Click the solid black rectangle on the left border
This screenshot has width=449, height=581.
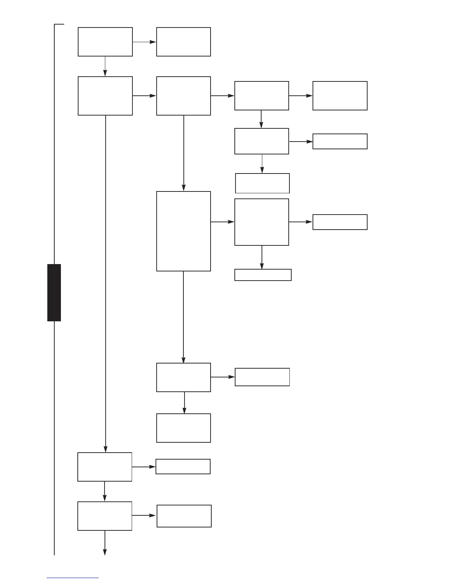click(x=54, y=292)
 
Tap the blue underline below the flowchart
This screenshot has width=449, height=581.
click(x=73, y=578)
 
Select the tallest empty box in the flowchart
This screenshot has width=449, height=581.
click(x=183, y=231)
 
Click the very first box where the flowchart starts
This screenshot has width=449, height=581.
click(x=105, y=42)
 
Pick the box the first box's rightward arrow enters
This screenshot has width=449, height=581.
click(x=183, y=42)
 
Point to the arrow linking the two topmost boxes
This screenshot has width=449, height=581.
click(x=144, y=42)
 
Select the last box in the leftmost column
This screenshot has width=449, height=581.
click(x=105, y=516)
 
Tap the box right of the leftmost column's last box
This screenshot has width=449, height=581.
click(x=184, y=516)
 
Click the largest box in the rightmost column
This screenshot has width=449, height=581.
click(x=340, y=96)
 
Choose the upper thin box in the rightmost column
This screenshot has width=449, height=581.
click(x=340, y=141)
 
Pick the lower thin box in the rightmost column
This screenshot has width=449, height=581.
click(x=340, y=222)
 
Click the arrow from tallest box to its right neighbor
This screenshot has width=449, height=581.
click(x=223, y=222)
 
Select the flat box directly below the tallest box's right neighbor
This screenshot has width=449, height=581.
click(x=263, y=275)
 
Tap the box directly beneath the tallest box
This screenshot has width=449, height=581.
click(x=183, y=377)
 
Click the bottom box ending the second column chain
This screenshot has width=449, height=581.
click(x=183, y=428)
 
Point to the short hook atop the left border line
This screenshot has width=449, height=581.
click(x=59, y=24)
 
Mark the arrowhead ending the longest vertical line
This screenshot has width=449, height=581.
click(x=106, y=449)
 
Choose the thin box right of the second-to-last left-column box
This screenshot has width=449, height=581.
click(x=183, y=467)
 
